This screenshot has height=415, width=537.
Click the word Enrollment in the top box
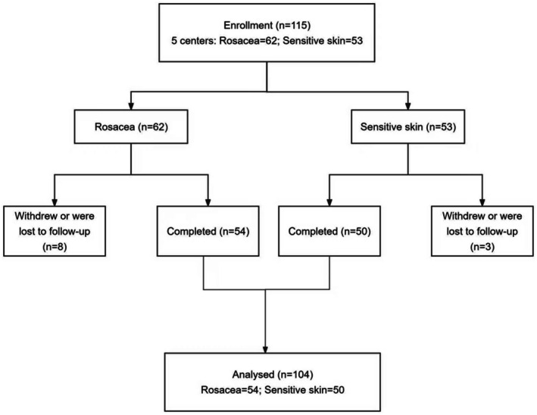pyautogui.click(x=248, y=25)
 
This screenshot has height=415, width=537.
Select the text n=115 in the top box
pyautogui.click(x=292, y=25)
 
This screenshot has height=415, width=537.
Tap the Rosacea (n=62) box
pyautogui.click(x=131, y=126)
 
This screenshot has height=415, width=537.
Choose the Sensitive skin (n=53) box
pyautogui.click(x=408, y=126)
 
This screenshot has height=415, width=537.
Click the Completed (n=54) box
pyautogui.click(x=208, y=231)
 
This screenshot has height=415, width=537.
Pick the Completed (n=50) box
pyautogui.click(x=329, y=231)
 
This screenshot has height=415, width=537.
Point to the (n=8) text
pyautogui.click(x=55, y=247)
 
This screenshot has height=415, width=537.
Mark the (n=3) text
pyautogui.click(x=482, y=247)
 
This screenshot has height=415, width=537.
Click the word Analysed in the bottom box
pyautogui.click(x=253, y=375)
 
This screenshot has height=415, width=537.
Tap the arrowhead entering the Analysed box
pyautogui.click(x=265, y=349)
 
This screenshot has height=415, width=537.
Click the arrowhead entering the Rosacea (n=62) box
pyautogui.click(x=131, y=105)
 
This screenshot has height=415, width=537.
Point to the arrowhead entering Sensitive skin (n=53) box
pyautogui.click(x=408, y=105)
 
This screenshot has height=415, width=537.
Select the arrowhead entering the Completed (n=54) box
pyautogui.click(x=208, y=201)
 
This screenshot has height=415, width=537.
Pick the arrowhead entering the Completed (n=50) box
pyautogui.click(x=329, y=201)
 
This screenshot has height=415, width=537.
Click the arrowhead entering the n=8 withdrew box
pyautogui.click(x=55, y=201)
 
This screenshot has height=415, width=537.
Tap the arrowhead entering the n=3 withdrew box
pyautogui.click(x=482, y=201)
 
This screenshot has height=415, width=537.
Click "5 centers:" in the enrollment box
pyautogui.click(x=193, y=41)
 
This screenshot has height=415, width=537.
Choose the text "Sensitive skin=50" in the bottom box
pyautogui.click(x=304, y=390)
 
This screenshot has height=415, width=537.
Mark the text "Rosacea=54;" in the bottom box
pyautogui.click(x=231, y=390)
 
